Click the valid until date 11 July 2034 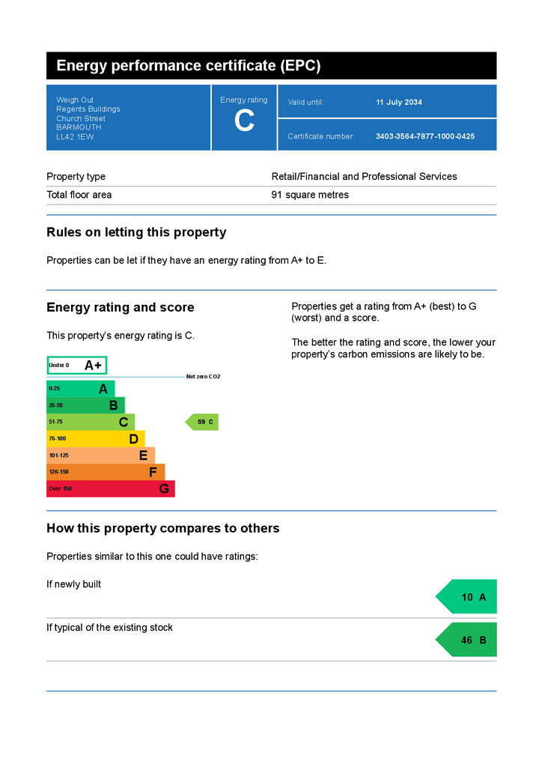[399, 102]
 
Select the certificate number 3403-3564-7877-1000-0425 [425, 136]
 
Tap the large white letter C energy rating [244, 121]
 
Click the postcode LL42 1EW [75, 137]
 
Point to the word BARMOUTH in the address [79, 127]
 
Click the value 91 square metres [310, 195]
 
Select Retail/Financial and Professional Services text [364, 177]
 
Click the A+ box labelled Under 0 [76, 366]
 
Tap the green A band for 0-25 [81, 389]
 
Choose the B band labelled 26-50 [85, 405]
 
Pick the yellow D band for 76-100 [96, 439]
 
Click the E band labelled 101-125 [100, 455]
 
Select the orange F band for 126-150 [106, 472]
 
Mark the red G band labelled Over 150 [111, 488]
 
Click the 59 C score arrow [202, 422]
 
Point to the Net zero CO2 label [204, 377]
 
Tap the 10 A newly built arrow [466, 597]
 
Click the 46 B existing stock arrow [466, 640]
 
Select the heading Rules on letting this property [136, 232]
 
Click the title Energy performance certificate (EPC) [189, 66]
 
